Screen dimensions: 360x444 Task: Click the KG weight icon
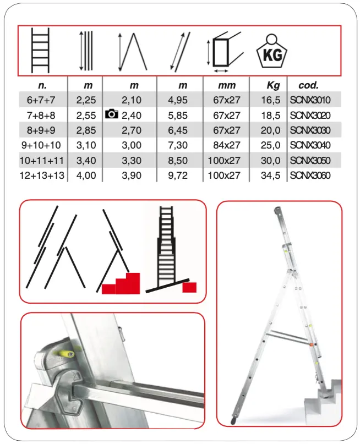271,51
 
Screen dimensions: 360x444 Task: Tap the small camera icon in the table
111,114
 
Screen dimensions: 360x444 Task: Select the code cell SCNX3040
310,145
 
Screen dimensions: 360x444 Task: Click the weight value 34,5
270,176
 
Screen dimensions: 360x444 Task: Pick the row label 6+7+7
41,100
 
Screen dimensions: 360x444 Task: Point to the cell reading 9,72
178,176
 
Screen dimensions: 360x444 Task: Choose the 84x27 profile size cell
227,145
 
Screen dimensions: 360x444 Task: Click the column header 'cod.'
308,85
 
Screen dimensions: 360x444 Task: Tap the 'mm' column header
227,85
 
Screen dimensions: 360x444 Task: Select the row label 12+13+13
42,176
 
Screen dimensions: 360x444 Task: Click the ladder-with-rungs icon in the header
40,50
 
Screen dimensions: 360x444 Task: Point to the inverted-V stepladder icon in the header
132,52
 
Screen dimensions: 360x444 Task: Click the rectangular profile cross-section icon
225,52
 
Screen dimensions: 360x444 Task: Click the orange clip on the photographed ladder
311,344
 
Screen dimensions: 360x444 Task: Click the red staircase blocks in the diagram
121,283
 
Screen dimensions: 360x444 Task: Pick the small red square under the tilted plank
189,287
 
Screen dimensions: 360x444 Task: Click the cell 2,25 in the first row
86,100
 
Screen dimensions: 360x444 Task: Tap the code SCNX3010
310,100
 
